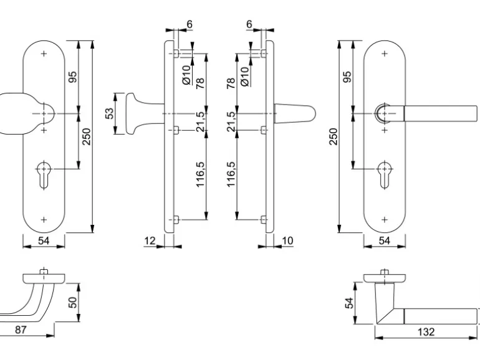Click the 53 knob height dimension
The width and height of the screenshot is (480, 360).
(x=109, y=113)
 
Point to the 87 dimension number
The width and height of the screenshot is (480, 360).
(x=21, y=331)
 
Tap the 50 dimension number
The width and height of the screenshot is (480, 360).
(x=73, y=302)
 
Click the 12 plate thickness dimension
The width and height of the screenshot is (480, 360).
(x=149, y=240)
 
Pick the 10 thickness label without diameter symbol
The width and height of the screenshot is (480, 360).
(x=287, y=240)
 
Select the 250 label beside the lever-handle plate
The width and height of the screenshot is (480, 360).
(x=333, y=137)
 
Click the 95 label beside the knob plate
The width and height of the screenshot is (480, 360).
(x=72, y=77)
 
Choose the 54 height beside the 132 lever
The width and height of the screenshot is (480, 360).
(x=350, y=303)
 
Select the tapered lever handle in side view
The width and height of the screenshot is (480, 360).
(x=295, y=113)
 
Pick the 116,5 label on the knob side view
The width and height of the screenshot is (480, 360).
(x=201, y=177)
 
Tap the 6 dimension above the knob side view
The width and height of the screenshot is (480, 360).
(x=189, y=24)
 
